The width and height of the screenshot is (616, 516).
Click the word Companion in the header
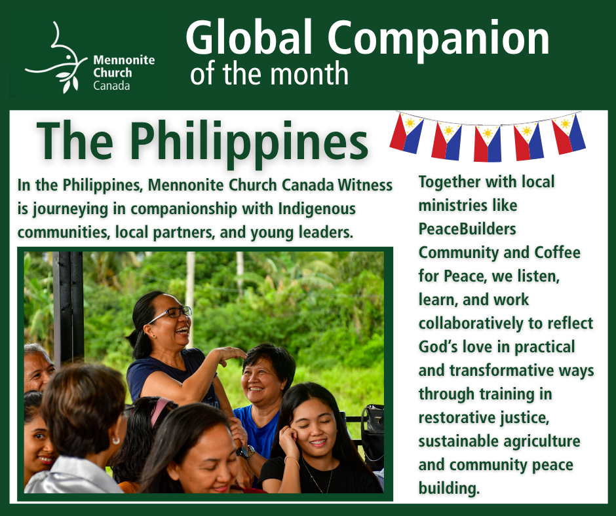point(438,39)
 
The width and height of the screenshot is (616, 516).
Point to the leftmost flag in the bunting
point(406,133)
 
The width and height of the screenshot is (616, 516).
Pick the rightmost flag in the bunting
point(569,134)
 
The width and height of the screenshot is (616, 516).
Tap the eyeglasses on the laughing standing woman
point(170,314)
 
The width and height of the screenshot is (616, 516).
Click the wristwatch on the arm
point(245,452)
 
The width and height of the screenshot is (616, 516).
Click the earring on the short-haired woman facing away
point(115,440)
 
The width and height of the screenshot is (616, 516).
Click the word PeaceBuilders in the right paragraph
point(467,229)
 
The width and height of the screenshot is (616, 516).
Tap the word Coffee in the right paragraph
point(557,252)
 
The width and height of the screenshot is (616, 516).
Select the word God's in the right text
point(438,347)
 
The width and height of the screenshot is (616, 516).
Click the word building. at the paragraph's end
point(449,488)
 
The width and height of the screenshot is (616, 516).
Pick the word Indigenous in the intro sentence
point(317,209)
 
